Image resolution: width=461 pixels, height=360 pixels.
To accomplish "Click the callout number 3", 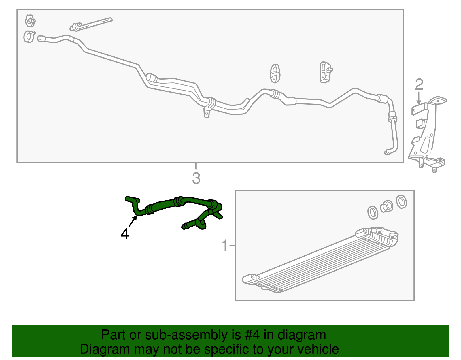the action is click(196, 178).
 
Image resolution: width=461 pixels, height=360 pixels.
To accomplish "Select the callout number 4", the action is click(125, 234).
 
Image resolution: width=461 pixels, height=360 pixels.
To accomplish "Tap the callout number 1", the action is click(224, 246).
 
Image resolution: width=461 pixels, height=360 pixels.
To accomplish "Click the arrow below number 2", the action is click(419, 98).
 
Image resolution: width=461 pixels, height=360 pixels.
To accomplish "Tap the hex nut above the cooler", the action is click(387, 206).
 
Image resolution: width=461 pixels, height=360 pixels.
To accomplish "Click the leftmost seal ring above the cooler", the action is click(373, 212).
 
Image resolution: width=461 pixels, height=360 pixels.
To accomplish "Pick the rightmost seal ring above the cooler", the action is click(401, 201).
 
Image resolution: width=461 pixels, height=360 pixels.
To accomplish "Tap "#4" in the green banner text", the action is click(252, 335).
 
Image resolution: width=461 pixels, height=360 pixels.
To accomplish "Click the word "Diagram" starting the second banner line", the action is click(105, 349).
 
